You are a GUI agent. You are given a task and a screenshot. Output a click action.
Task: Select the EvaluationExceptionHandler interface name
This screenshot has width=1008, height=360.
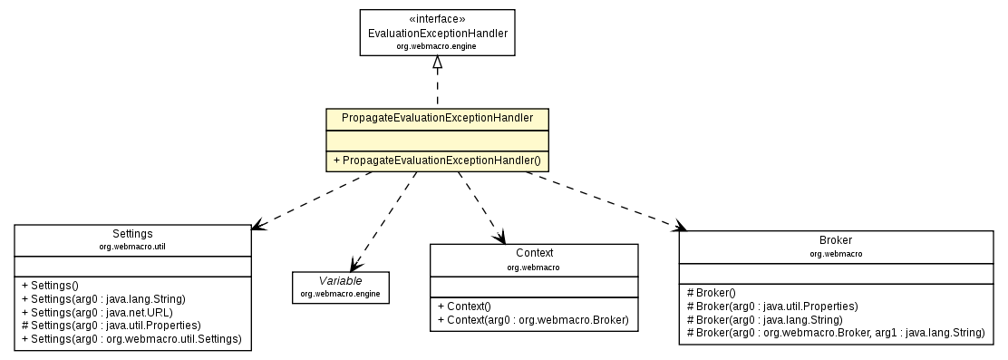437,34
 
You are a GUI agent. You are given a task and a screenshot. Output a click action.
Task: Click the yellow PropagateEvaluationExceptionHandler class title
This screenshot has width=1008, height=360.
437,118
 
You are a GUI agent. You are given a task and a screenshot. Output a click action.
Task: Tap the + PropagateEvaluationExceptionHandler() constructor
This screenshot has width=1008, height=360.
437,160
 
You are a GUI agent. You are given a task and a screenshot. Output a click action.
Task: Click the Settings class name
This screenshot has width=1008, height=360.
132,234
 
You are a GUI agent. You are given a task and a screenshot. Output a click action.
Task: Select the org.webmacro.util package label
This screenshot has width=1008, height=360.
132,246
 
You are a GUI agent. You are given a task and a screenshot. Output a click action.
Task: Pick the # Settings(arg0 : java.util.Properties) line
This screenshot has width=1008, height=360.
111,325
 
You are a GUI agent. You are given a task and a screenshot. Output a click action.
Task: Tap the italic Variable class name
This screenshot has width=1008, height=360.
340,281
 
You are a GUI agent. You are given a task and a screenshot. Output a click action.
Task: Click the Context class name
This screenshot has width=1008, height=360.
534,253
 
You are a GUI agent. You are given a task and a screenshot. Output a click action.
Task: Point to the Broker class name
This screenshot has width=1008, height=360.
835,241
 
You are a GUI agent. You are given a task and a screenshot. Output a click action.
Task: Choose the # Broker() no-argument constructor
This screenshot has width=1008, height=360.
712,293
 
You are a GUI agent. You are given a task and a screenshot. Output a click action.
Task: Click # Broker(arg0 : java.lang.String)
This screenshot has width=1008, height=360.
764,319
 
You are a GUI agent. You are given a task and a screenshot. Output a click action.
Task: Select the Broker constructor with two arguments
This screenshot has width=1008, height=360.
835,333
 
